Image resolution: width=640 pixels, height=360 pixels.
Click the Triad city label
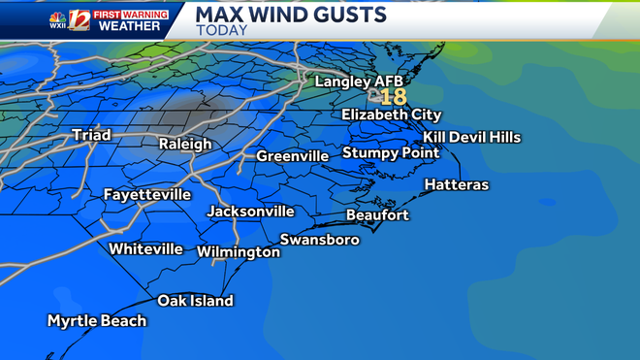pyautogui.click(x=91, y=135)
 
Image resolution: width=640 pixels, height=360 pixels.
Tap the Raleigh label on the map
pyautogui.click(x=185, y=144)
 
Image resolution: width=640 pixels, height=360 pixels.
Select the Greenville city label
pyautogui.click(x=295, y=156)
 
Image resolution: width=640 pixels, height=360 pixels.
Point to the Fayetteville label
pyautogui.click(x=147, y=195)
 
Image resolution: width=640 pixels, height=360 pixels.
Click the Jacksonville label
pyautogui.click(x=250, y=212)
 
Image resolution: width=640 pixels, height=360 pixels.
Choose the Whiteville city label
pyautogui.click(x=145, y=249)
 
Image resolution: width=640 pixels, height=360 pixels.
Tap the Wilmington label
pyautogui.click(x=239, y=252)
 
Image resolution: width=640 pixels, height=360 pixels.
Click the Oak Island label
pyautogui.click(x=196, y=301)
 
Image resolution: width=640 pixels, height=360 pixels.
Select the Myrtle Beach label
pyautogui.click(x=97, y=321)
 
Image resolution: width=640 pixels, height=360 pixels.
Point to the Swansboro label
pyautogui.click(x=320, y=240)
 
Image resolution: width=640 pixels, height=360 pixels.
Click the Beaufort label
pyautogui.click(x=378, y=215)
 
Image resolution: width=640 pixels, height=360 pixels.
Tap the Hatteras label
pyautogui.click(x=457, y=185)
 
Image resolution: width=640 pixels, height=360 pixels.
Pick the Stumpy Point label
pyautogui.click(x=391, y=153)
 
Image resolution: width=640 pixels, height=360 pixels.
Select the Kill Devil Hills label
pyautogui.click(x=472, y=138)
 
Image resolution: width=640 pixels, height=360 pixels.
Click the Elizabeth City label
pyautogui.click(x=391, y=115)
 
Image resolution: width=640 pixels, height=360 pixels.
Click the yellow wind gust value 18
pyautogui.click(x=393, y=97)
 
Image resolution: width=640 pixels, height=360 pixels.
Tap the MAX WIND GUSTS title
pyautogui.click(x=291, y=14)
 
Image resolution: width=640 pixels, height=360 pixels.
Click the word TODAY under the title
pyautogui.click(x=221, y=31)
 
